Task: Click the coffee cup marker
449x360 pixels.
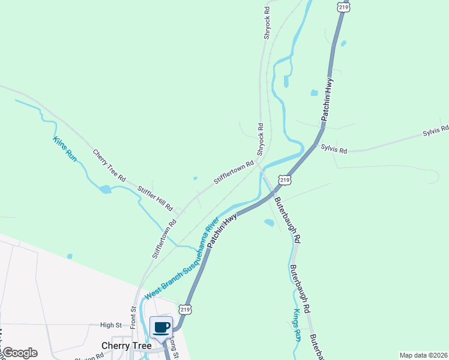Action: [161, 327]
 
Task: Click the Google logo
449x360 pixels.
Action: [20, 353]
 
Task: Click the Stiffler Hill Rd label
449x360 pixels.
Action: [154, 199]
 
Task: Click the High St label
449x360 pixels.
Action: [111, 325]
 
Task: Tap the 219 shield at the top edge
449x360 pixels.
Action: [343, 5]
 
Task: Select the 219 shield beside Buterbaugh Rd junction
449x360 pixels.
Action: [285, 179]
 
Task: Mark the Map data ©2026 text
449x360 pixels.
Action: [423, 355]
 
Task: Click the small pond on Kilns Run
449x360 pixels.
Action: [106, 190]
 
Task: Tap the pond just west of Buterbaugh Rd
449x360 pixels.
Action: [269, 223]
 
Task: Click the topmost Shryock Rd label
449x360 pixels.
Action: [267, 23]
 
